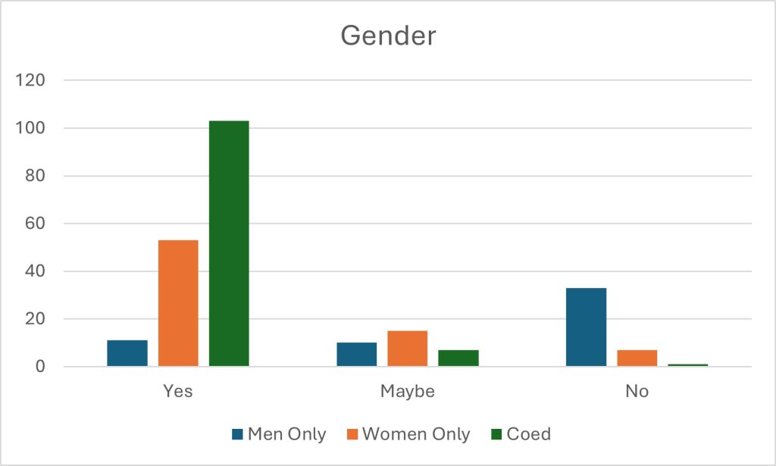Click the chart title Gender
tap(387, 36)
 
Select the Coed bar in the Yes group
tap(229, 243)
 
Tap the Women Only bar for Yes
tap(178, 303)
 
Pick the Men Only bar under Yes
tap(127, 353)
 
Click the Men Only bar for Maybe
tap(357, 355)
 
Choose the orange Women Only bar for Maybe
tap(408, 349)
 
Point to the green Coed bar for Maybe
tap(458, 358)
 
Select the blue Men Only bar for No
tap(587, 327)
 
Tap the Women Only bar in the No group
tap(637, 358)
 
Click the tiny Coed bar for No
tap(688, 365)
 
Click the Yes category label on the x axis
tap(178, 392)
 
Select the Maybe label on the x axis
tap(408, 392)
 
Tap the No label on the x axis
tap(637, 392)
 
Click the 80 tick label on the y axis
tap(35, 176)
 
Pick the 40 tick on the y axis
tap(35, 271)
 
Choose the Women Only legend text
tap(416, 434)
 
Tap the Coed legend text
tap(528, 434)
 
